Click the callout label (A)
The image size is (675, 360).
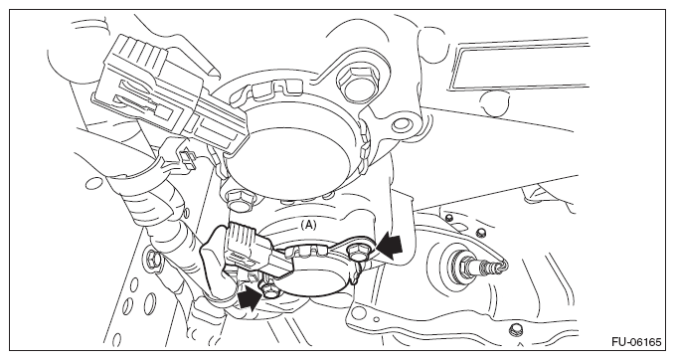pos(308,225)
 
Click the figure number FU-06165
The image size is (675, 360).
pos(636,342)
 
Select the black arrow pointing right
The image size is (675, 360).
pos(250,297)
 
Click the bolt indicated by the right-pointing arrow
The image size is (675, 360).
pos(268,290)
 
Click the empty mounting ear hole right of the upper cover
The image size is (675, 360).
pos(401,124)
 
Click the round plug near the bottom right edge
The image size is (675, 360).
pos(514,330)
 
